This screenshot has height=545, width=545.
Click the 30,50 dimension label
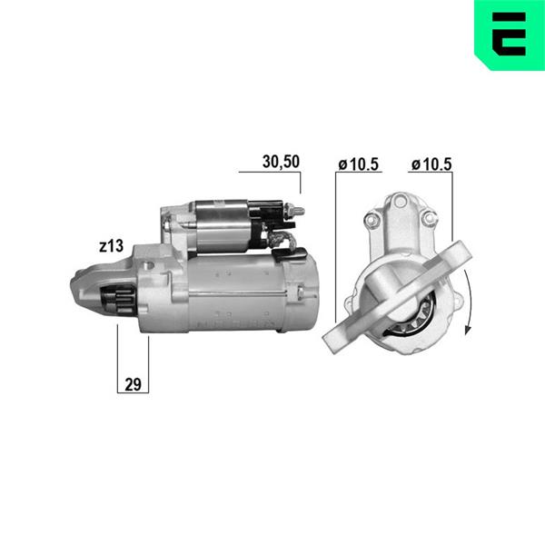281,162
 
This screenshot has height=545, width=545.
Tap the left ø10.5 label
359,164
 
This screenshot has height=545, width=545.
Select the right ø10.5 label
431,164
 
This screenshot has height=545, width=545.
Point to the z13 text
111,246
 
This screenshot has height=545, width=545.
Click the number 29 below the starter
133,385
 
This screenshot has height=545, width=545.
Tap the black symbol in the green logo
509,35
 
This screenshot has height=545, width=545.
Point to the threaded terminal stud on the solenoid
294,211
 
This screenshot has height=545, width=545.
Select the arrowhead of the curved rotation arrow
468,329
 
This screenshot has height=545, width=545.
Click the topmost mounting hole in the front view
401,201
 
